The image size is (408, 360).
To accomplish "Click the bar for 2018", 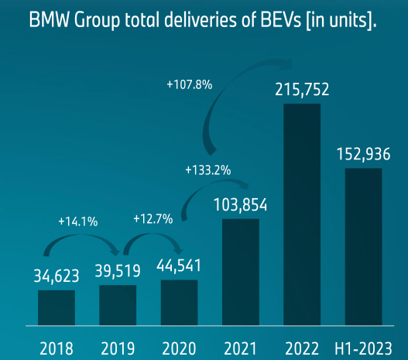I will [57, 307].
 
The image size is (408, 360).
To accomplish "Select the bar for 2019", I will [118, 305].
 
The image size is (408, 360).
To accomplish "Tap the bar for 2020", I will [179, 303].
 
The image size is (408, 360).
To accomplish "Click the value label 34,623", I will [57, 276].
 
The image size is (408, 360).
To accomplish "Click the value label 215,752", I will [302, 90].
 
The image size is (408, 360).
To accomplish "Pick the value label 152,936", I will [363, 153].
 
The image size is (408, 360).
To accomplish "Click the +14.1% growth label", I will [77, 221].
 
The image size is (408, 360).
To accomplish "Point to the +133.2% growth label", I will [207, 169].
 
